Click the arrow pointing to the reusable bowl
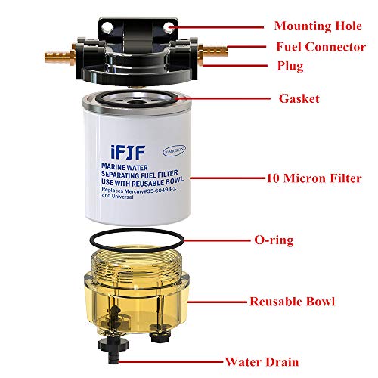(x=219, y=301)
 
